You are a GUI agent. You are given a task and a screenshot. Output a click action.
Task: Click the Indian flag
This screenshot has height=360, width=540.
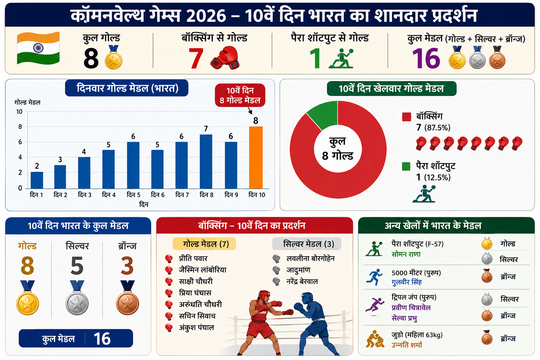pos(38,48)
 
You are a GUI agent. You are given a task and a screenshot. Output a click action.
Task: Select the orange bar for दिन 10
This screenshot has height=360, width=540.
pos(256,157)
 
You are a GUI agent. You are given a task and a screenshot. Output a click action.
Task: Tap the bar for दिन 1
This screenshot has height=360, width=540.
pos(37,180)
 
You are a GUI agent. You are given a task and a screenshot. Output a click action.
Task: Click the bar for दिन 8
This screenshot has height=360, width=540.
pos(206,162)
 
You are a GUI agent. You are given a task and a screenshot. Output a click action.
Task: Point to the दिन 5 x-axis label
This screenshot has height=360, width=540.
pos(133,195)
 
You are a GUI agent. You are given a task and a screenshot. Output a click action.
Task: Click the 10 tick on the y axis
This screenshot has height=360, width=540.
pos(19,112)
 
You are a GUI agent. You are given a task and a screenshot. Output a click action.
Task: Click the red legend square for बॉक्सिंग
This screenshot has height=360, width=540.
pos(406,117)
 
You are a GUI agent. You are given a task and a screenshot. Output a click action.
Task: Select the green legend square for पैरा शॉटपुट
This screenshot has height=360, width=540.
pos(406,166)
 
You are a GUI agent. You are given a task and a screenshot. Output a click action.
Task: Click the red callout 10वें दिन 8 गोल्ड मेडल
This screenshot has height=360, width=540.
pos(240,95)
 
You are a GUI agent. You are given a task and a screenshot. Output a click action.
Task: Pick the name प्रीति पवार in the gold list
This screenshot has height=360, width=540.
pos(193,258)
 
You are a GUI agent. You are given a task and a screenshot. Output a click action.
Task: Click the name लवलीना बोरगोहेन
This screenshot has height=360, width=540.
pos(310,258)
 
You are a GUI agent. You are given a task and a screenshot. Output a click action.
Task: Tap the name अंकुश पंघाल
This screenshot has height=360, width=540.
pos(197,327)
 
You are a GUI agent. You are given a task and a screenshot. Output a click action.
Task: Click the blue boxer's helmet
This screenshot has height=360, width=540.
pos(307,298)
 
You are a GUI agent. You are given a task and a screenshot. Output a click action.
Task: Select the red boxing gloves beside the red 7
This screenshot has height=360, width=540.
pos(225,58)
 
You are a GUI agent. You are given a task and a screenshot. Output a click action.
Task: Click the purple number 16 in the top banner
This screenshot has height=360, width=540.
pos(426,58)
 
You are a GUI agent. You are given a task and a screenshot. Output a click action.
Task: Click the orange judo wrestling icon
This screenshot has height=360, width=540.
pos(375,339)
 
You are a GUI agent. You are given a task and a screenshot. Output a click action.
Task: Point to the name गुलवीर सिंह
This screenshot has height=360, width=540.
pos(407,282)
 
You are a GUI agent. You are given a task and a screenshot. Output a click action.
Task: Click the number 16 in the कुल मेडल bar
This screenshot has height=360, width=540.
pos(102,339)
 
